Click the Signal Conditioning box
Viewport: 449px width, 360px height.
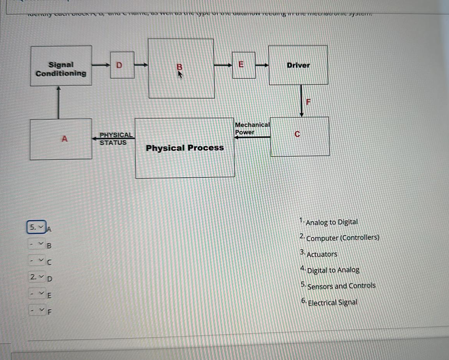pyautogui.click(x=61, y=66)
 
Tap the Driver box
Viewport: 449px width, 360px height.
pyautogui.click(x=298, y=65)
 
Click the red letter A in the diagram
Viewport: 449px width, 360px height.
pyautogui.click(x=65, y=138)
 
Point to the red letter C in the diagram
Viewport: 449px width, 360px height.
pyautogui.click(x=297, y=134)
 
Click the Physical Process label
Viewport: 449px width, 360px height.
pyautogui.click(x=184, y=148)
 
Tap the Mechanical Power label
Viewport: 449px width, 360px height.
pyautogui.click(x=252, y=128)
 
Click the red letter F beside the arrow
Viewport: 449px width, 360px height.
pyautogui.click(x=308, y=102)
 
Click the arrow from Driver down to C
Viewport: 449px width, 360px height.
pyautogui.click(x=302, y=101)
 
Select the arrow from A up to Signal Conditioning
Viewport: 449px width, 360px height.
pyautogui.click(x=58, y=102)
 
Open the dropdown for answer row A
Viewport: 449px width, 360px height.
pyautogui.click(x=37, y=227)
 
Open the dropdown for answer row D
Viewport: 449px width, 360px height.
pyautogui.click(x=37, y=277)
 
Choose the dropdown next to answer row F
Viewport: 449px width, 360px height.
pyautogui.click(x=37, y=310)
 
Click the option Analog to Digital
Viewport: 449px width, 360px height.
pyautogui.click(x=331, y=222)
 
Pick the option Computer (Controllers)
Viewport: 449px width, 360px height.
pyautogui.click(x=342, y=238)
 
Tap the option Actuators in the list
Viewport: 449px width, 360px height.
pyautogui.click(x=321, y=254)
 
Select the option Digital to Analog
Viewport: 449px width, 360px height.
pyautogui.click(x=333, y=270)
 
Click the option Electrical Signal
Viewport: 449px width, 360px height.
pyautogui.click(x=332, y=302)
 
